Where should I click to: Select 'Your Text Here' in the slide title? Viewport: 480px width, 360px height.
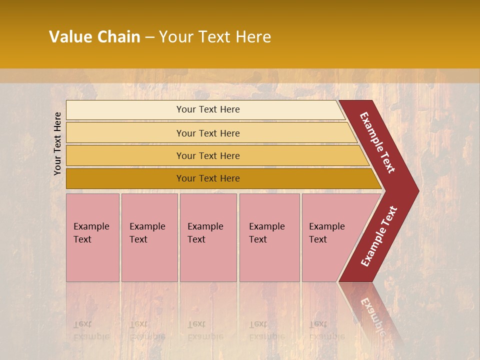tap(215, 37)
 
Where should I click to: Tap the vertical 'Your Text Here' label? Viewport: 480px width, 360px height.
tap(57, 143)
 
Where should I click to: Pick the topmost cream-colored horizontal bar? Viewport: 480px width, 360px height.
tap(125, 110)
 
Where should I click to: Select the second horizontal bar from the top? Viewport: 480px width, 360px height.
tap(125, 133)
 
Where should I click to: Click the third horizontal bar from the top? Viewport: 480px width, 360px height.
tap(125, 155)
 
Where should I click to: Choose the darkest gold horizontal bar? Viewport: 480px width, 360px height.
tap(125, 178)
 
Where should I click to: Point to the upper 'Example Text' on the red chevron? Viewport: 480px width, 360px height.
tap(378, 142)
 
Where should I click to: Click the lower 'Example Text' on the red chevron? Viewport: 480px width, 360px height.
tap(379, 236)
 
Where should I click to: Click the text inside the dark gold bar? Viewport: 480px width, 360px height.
tap(208, 178)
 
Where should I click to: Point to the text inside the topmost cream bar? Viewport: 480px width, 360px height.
tap(208, 109)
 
